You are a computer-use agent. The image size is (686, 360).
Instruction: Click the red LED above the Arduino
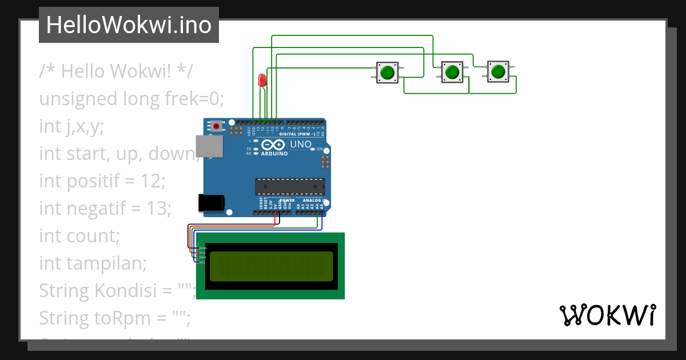click(x=262, y=80)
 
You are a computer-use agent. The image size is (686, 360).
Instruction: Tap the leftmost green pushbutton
click(x=387, y=72)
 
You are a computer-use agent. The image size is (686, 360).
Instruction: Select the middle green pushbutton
click(x=452, y=72)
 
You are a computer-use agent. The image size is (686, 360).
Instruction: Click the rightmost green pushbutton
click(x=498, y=71)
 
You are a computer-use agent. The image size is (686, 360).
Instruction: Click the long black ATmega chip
click(x=289, y=186)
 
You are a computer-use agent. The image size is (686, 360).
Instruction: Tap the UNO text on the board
click(x=301, y=145)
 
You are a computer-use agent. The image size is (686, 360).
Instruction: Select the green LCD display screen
click(x=271, y=266)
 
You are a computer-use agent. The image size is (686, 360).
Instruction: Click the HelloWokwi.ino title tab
click(x=129, y=25)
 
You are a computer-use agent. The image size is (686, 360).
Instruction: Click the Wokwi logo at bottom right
click(x=607, y=315)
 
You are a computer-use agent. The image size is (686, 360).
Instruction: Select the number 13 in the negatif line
click(x=157, y=209)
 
